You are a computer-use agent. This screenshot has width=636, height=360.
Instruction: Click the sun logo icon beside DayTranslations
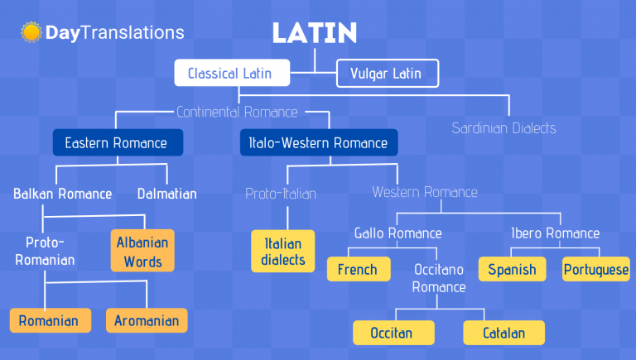pos(31,32)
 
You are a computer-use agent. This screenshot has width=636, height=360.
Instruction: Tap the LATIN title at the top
pos(315,33)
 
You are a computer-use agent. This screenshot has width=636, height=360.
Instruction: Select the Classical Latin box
pos(232,73)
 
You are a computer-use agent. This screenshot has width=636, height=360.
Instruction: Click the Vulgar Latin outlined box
pos(388,74)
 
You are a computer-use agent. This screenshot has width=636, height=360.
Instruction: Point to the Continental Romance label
pos(238,112)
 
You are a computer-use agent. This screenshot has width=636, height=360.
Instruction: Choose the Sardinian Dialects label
pos(503,128)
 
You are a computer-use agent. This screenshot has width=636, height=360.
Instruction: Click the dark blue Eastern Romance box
pos(118,142)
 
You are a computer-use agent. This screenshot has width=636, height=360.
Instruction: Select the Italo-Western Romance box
pos(319,142)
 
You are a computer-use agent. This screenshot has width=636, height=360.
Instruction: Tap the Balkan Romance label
pos(62,194)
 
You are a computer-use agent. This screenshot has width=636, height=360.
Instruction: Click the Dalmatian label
pos(167,194)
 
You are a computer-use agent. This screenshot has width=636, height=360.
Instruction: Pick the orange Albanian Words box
pos(142,251)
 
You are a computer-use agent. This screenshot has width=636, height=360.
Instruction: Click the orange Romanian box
pos(51,320)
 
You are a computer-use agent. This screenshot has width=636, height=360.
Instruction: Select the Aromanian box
pos(147,320)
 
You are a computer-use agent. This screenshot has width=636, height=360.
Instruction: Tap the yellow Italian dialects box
pos(282,251)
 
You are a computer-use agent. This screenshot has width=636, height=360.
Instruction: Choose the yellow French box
pos(359,269)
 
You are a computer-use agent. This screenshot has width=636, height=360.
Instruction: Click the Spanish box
pos(513,269)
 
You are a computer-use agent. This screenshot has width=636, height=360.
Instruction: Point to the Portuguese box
pos(596,269)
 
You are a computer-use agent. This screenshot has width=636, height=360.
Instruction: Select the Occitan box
pos(393,333)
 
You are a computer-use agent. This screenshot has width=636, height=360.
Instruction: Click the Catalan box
pos(503,333)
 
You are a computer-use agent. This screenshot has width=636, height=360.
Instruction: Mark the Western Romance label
pos(425,192)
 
